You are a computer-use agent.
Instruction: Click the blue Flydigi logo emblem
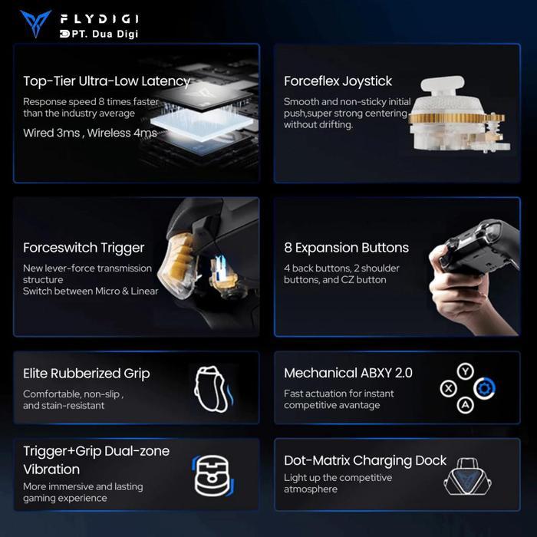tap(35, 22)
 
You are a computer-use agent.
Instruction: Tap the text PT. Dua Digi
tap(105, 34)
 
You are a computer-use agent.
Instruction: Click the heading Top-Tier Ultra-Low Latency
tap(107, 81)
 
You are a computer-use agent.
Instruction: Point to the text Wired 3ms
tap(51, 133)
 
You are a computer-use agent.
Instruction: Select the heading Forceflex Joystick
tap(338, 81)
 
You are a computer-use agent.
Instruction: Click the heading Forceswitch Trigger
tap(84, 248)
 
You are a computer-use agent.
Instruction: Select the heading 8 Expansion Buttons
tap(346, 248)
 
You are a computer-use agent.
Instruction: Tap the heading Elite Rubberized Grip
tap(86, 374)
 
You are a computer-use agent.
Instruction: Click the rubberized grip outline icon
tap(211, 389)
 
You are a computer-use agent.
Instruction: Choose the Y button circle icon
tap(465, 371)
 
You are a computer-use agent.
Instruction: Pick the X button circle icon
tap(448, 389)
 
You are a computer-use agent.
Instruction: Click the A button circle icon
tap(465, 406)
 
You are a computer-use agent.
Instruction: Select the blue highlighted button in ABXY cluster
tap(485, 388)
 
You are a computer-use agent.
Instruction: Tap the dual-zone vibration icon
tap(213, 476)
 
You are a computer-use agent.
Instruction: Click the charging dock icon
tap(467, 476)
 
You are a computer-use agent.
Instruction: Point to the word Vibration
tap(51, 469)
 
